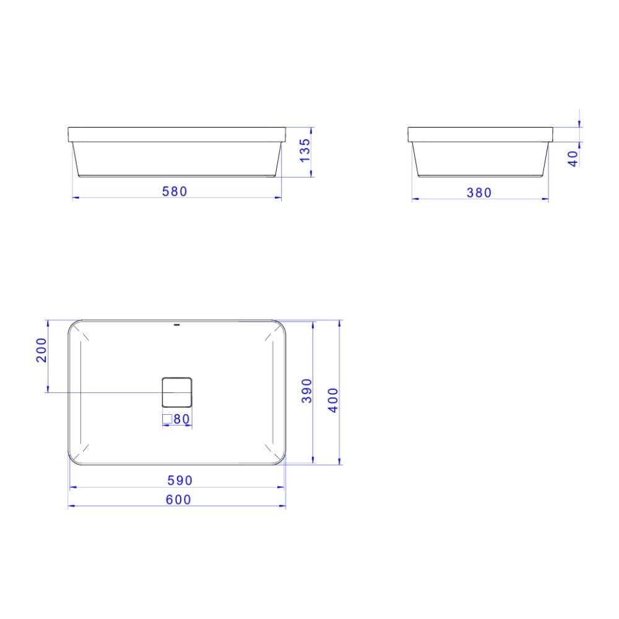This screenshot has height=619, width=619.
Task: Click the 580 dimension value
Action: click(175, 191)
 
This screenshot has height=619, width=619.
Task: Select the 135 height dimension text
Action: click(305, 150)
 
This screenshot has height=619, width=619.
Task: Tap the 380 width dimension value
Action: click(479, 193)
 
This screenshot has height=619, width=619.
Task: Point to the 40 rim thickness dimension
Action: click(573, 158)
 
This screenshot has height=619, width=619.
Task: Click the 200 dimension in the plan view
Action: click(41, 350)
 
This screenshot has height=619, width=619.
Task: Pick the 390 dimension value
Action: click(306, 391)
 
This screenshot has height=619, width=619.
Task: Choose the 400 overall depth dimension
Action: click(333, 400)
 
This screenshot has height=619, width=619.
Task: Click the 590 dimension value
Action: click(180, 480)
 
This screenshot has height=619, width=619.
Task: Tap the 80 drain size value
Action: click(181, 419)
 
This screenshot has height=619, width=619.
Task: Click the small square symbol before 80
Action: click(167, 419)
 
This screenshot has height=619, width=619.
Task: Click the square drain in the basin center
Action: click(177, 392)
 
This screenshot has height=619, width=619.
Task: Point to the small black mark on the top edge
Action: click(177, 324)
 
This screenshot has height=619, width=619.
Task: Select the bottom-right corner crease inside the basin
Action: click(271, 449)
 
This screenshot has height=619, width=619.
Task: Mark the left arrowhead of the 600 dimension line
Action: click(70, 506)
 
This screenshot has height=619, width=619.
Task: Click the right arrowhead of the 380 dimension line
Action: click(547, 199)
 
